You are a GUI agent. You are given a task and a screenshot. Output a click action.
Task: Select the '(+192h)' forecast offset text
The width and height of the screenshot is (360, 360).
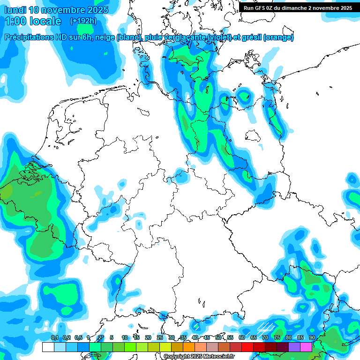pyautogui.click(x=83, y=21)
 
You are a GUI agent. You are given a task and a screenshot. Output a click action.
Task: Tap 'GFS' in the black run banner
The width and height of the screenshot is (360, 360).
pyautogui.click(x=260, y=8)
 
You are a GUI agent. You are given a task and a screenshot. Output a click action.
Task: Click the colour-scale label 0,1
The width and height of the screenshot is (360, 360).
pyautogui.click(x=54, y=337)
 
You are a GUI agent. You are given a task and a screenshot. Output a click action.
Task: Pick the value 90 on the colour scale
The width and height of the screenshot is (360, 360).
pyautogui.click(x=312, y=337)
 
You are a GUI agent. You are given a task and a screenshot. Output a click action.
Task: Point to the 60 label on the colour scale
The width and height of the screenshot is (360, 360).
pyautogui.click(x=242, y=337)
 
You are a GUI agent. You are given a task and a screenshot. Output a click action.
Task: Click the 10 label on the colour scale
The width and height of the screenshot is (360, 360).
pyautogui.click(x=125, y=337)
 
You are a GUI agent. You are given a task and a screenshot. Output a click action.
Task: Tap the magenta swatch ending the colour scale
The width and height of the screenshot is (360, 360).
pyautogui.click(x=306, y=347)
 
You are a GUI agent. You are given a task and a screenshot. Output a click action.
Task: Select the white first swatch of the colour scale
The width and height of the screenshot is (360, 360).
pyautogui.click(x=48, y=347)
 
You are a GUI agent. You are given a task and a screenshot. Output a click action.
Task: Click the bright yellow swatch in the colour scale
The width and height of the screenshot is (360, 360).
pyautogui.click(x=165, y=347)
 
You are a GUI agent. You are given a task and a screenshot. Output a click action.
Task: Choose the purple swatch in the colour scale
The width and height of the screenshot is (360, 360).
pyautogui.click(x=294, y=347)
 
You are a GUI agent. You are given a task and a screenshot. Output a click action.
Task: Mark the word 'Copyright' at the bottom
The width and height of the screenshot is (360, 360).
pyautogui.click(x=176, y=357)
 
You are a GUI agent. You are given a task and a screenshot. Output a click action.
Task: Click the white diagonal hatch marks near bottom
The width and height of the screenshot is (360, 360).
pyautogui.click(x=266, y=326)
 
